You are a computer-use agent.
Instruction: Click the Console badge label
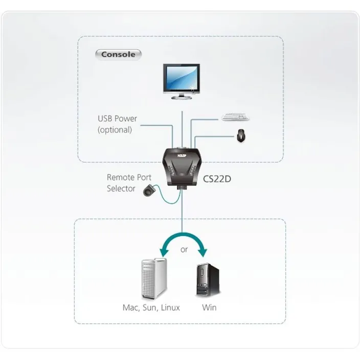coord(118,54)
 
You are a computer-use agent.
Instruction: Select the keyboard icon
coord(236,118)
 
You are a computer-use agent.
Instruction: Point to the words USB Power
coord(117,119)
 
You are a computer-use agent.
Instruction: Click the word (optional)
coord(115,130)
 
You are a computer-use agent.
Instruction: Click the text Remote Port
coord(129,177)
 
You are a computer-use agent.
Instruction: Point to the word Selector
coord(121,189)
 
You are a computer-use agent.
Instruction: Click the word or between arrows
coord(184,250)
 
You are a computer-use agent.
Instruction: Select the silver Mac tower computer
coord(153,279)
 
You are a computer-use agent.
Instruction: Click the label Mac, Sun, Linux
coord(151,308)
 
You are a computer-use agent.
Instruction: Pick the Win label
coord(209,308)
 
